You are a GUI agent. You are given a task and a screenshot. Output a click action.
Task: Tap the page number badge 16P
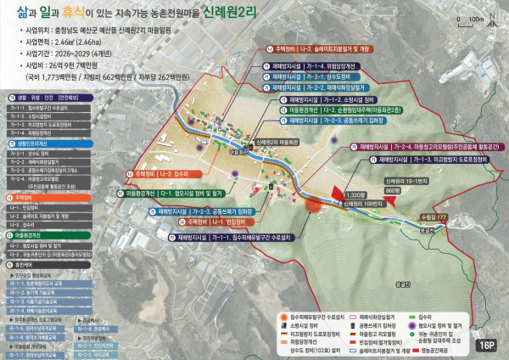coord(487,345)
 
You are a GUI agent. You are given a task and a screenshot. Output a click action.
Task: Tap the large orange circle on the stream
coord(311,204)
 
